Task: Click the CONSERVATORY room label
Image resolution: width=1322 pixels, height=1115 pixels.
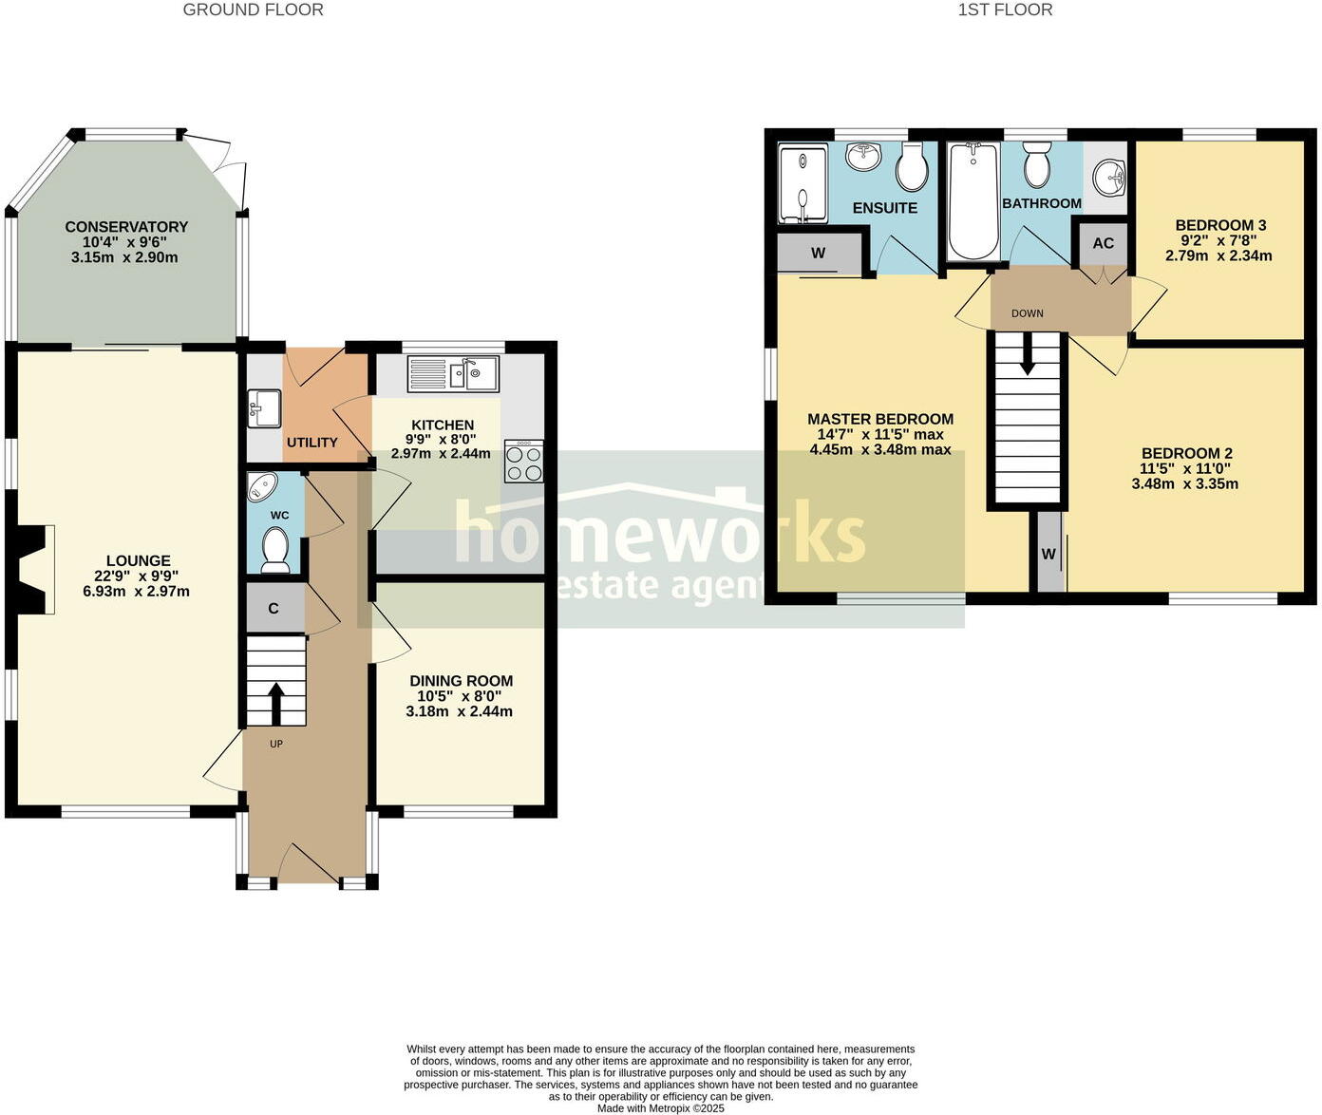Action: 126,227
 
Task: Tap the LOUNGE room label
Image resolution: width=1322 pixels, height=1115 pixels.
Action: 139,561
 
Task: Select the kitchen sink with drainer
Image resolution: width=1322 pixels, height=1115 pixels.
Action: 453,373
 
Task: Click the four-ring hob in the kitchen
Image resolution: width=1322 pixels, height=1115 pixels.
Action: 523,462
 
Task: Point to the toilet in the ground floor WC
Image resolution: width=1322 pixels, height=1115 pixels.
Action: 275,550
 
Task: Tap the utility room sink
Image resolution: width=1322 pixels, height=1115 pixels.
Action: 263,408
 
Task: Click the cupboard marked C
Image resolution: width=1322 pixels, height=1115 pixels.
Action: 274,609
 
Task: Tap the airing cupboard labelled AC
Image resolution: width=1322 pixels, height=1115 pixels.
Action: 1103,243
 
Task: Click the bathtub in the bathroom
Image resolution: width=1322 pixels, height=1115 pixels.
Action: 973,200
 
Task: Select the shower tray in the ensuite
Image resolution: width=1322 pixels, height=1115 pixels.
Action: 803,183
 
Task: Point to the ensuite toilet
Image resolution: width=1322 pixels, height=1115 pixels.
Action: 912,168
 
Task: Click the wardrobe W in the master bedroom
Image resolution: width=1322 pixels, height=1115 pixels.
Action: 819,254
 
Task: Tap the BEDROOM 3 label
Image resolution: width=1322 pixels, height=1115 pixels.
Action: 1220,226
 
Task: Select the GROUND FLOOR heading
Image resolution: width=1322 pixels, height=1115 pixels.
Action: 253,10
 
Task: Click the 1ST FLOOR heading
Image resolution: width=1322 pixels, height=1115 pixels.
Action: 1005,10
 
